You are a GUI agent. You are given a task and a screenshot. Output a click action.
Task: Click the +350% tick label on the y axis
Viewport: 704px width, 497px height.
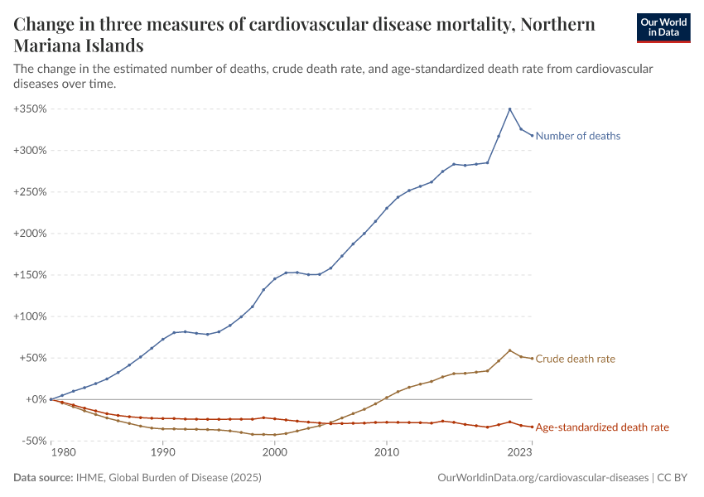pos(30,109)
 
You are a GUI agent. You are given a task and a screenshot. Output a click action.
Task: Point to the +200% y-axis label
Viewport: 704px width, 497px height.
pos(30,234)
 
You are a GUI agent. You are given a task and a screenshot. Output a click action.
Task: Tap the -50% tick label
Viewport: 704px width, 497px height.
pos(32,441)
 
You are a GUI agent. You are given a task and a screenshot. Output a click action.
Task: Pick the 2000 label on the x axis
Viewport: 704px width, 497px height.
pos(274,453)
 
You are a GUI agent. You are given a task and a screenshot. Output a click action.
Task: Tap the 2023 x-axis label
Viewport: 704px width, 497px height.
pos(520,453)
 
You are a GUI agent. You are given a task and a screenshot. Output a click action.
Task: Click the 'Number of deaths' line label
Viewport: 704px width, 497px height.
pos(578,136)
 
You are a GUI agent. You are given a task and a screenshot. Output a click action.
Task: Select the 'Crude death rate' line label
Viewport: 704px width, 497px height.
pos(576,359)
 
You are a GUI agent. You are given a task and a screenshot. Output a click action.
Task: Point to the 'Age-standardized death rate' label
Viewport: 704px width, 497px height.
pos(602,427)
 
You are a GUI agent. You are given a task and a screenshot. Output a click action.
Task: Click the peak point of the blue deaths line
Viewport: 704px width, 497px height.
pos(509,109)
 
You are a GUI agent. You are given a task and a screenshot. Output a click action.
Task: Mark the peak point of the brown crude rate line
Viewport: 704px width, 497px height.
pos(509,350)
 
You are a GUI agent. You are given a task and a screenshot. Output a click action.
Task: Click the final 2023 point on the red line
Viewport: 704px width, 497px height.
pos(532,427)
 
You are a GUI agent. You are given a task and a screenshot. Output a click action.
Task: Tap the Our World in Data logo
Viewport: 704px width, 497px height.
pos(663,27)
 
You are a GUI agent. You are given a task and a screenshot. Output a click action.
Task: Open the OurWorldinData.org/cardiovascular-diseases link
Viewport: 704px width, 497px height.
pos(542,478)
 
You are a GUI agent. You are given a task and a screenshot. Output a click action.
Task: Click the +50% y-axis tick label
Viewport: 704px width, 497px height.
pos(32,358)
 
